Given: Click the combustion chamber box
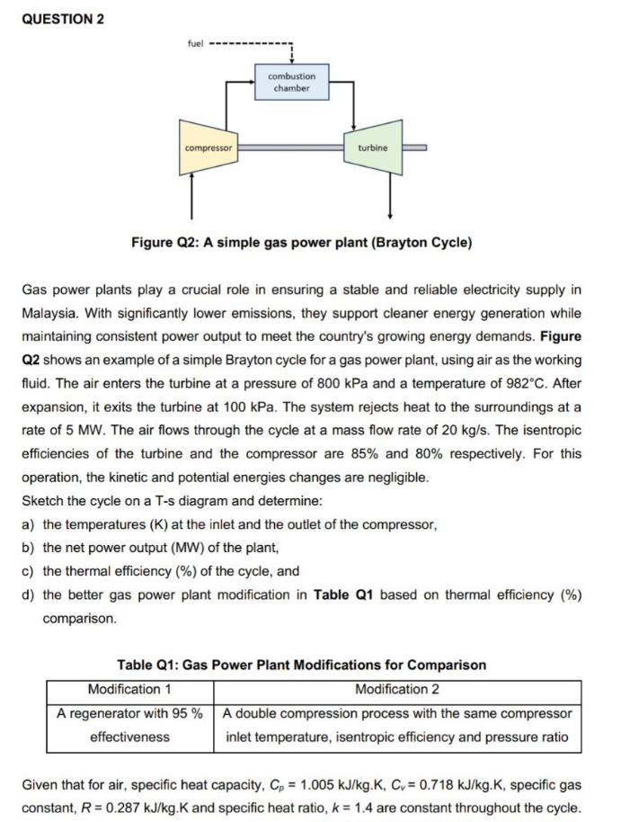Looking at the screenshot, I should tap(292, 82).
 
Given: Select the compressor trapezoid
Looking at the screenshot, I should tap(208, 147).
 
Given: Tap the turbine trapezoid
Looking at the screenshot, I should tap(373, 147).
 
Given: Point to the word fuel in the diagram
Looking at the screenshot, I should tap(195, 42).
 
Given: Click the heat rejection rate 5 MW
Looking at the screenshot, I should tap(112, 430).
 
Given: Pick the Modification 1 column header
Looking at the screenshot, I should tap(129, 690).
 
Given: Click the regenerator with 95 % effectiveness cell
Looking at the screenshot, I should tap(129, 725).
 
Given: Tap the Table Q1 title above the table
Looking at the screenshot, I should tap(301, 666).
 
